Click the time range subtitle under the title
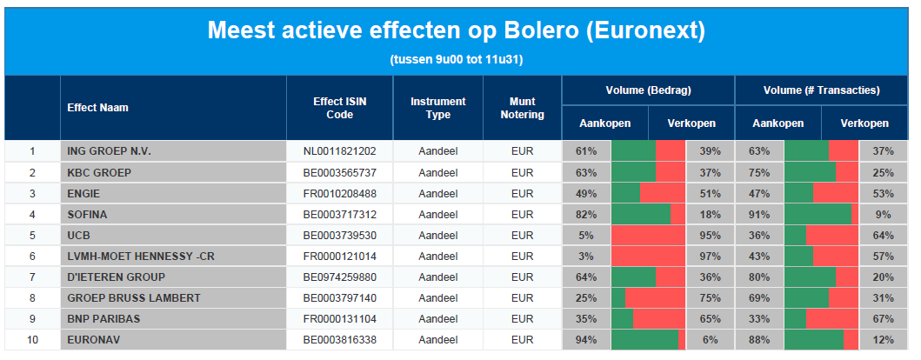point(457,60)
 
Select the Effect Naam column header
point(97,108)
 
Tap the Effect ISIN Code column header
point(339,108)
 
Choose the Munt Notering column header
point(522,108)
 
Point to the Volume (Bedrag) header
point(648,90)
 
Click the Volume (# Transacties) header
point(821,90)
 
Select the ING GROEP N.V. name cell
point(109,151)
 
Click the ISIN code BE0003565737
point(339,172)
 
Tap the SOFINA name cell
point(87,214)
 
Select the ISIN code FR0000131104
point(339,318)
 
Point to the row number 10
point(32,339)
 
